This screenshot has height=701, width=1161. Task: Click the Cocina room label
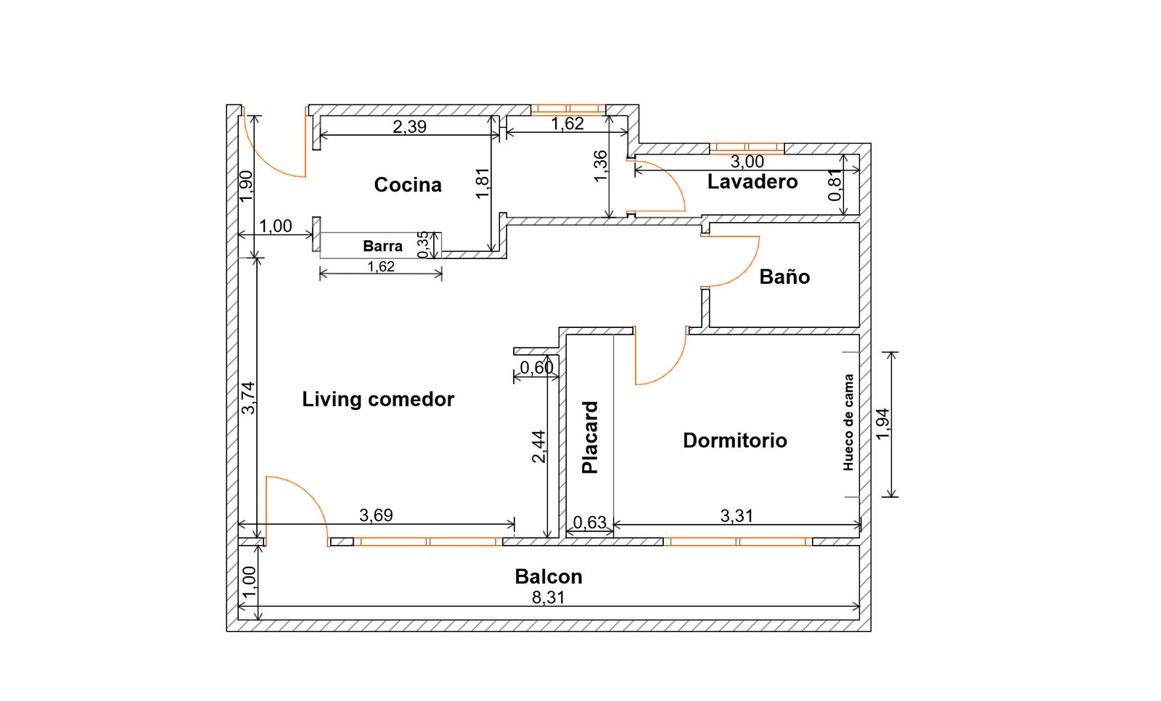point(407,185)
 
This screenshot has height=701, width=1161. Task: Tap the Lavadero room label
point(752,181)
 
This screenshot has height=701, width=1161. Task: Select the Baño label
point(784,276)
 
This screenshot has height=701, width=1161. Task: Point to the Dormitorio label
point(734,440)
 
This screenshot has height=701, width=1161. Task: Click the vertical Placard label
point(591,438)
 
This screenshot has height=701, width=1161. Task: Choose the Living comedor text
point(378,399)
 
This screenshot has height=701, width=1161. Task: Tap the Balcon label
point(549,577)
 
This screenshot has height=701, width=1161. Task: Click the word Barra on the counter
point(382,246)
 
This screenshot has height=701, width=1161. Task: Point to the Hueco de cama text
point(848,423)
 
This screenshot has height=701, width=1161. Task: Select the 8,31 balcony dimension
point(549,598)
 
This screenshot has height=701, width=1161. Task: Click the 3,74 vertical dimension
point(248,398)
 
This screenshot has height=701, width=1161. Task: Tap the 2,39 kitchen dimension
point(409,127)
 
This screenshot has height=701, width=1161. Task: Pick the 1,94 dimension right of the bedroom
point(882,424)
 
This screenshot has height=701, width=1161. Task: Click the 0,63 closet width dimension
point(589,522)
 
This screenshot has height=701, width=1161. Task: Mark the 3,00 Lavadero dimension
point(747,162)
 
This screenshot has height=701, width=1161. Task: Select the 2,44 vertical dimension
point(538,447)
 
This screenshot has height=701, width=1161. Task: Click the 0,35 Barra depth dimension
point(423,245)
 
